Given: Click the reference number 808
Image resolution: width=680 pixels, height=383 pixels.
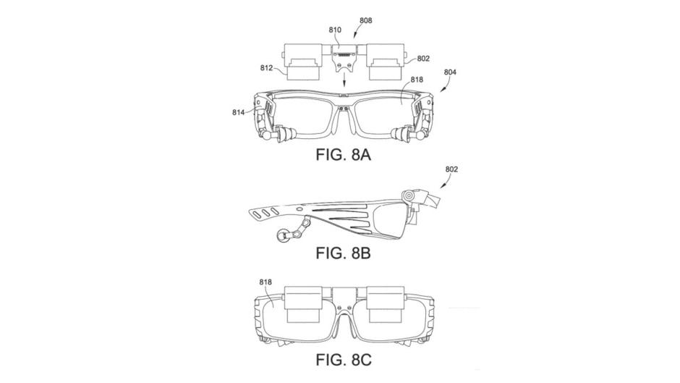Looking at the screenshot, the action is [x=365, y=20].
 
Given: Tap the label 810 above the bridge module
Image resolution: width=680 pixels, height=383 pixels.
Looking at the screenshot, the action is [x=335, y=30].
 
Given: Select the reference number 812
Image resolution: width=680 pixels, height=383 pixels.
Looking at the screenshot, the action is [x=266, y=68].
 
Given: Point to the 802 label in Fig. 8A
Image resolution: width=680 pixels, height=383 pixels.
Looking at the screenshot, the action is [x=423, y=58].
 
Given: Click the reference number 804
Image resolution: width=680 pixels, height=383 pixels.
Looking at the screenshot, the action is [x=450, y=72].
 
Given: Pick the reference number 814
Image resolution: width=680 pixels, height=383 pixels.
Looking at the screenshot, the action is [x=239, y=112].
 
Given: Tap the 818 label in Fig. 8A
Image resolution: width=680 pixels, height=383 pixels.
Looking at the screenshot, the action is [x=417, y=80].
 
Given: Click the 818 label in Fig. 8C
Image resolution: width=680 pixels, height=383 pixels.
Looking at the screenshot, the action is [x=265, y=282].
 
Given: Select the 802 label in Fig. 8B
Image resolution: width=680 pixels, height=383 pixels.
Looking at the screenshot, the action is [x=451, y=169].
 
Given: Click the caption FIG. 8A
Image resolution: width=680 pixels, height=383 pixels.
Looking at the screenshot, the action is [x=343, y=154].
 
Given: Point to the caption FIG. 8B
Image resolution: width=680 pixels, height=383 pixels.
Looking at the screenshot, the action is [x=343, y=253].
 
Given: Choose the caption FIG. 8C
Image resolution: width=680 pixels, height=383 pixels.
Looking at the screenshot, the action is [x=344, y=360].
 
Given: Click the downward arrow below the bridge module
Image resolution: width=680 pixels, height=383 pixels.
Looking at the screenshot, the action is [x=344, y=80].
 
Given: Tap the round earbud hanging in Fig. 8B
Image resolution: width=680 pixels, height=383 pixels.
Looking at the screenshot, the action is [x=281, y=236].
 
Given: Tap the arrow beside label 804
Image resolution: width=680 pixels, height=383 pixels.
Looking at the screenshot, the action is [x=445, y=86].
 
